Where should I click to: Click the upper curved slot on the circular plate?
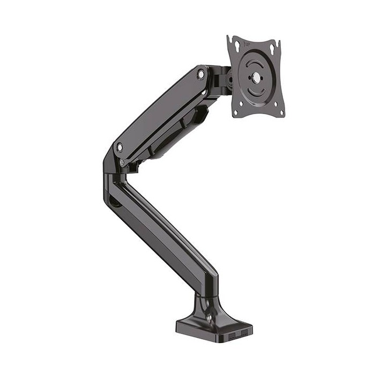point(257,60)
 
